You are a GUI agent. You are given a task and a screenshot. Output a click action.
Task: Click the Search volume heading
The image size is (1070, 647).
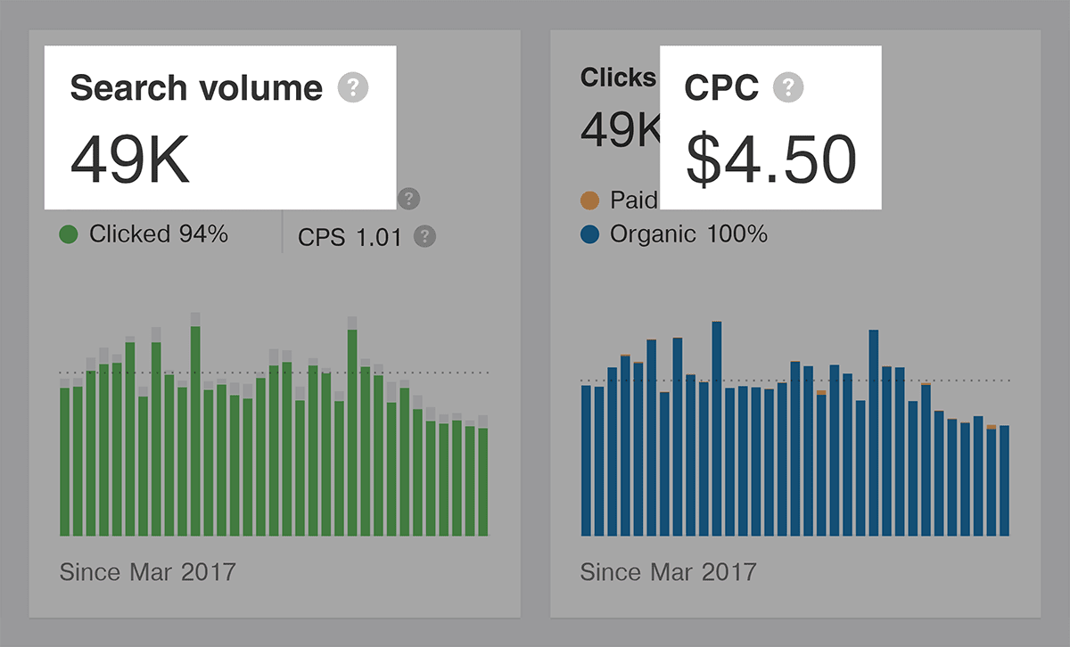pyautogui.click(x=196, y=88)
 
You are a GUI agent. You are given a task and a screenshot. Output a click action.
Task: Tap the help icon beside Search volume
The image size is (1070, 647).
pyautogui.click(x=353, y=87)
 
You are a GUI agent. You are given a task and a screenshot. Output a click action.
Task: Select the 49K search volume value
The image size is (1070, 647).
pyautogui.click(x=130, y=160)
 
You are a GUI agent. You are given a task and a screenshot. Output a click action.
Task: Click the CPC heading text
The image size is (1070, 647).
pyautogui.click(x=721, y=88)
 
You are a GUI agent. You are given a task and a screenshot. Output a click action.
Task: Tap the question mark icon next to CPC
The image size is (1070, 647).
pyautogui.click(x=788, y=87)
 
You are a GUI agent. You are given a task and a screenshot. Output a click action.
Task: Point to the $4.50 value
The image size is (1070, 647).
pyautogui.click(x=770, y=160)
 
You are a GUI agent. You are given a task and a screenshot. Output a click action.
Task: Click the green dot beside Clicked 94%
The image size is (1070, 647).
pyautogui.click(x=69, y=234)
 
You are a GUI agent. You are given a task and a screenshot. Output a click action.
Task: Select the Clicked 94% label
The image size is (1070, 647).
pyautogui.click(x=159, y=234)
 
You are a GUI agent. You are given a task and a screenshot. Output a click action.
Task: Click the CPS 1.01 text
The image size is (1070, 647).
pyautogui.click(x=350, y=237)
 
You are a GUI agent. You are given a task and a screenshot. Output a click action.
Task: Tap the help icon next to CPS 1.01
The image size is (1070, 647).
pyautogui.click(x=425, y=236)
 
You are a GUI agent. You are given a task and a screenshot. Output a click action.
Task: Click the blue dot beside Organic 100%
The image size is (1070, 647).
pyautogui.click(x=589, y=234)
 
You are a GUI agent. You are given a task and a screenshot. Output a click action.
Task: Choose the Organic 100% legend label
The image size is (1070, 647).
pyautogui.click(x=687, y=234)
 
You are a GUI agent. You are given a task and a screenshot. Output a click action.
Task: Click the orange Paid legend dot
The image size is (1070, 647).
pyautogui.click(x=589, y=200)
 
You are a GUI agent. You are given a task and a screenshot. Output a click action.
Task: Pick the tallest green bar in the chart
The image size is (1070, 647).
pyautogui.click(x=195, y=428)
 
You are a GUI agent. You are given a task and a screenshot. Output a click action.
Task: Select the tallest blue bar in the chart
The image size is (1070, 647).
pyautogui.click(x=717, y=428)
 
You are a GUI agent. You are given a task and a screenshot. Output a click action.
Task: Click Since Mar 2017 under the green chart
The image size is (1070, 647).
pyautogui.click(x=147, y=571)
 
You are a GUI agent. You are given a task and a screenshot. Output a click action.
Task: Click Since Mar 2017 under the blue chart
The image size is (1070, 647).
pyautogui.click(x=668, y=571)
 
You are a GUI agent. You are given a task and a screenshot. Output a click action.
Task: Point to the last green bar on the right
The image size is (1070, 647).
pyautogui.click(x=483, y=481)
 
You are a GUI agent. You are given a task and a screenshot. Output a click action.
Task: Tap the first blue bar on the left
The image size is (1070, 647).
pyautogui.click(x=586, y=459)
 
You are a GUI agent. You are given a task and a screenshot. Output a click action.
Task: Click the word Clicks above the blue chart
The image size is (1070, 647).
pyautogui.click(x=618, y=78)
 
